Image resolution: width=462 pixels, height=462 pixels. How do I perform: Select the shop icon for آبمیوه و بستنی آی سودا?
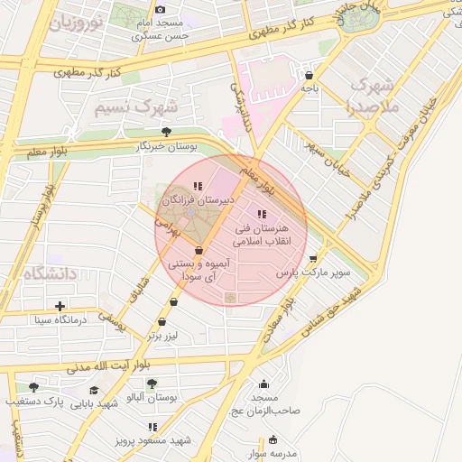pyautogui.click(x=199, y=251)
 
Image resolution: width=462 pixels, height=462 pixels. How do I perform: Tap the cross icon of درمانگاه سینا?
pyautogui.click(x=60, y=306)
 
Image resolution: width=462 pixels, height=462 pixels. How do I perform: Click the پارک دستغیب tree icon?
pyautogui.click(x=34, y=387)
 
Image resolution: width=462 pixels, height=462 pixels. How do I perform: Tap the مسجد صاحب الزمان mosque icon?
pyautogui.click(x=263, y=383)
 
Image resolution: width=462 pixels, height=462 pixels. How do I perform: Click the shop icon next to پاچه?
pyautogui.click(x=310, y=76)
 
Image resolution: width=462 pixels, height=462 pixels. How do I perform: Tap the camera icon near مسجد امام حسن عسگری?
pyautogui.click(x=161, y=8)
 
